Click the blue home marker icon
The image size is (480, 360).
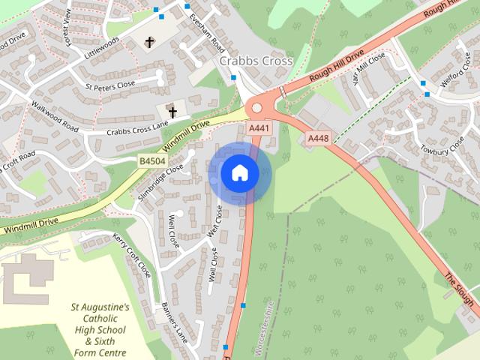(x=240, y=173)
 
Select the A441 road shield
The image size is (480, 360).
(x=259, y=129)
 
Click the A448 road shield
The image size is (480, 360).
(x=319, y=139)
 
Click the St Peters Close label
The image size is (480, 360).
(x=110, y=85)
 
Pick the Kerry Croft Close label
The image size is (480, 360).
(x=132, y=254)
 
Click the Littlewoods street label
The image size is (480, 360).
(x=102, y=50)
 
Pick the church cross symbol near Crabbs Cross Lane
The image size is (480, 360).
(x=173, y=112)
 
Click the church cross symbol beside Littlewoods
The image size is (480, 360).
(x=150, y=42)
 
